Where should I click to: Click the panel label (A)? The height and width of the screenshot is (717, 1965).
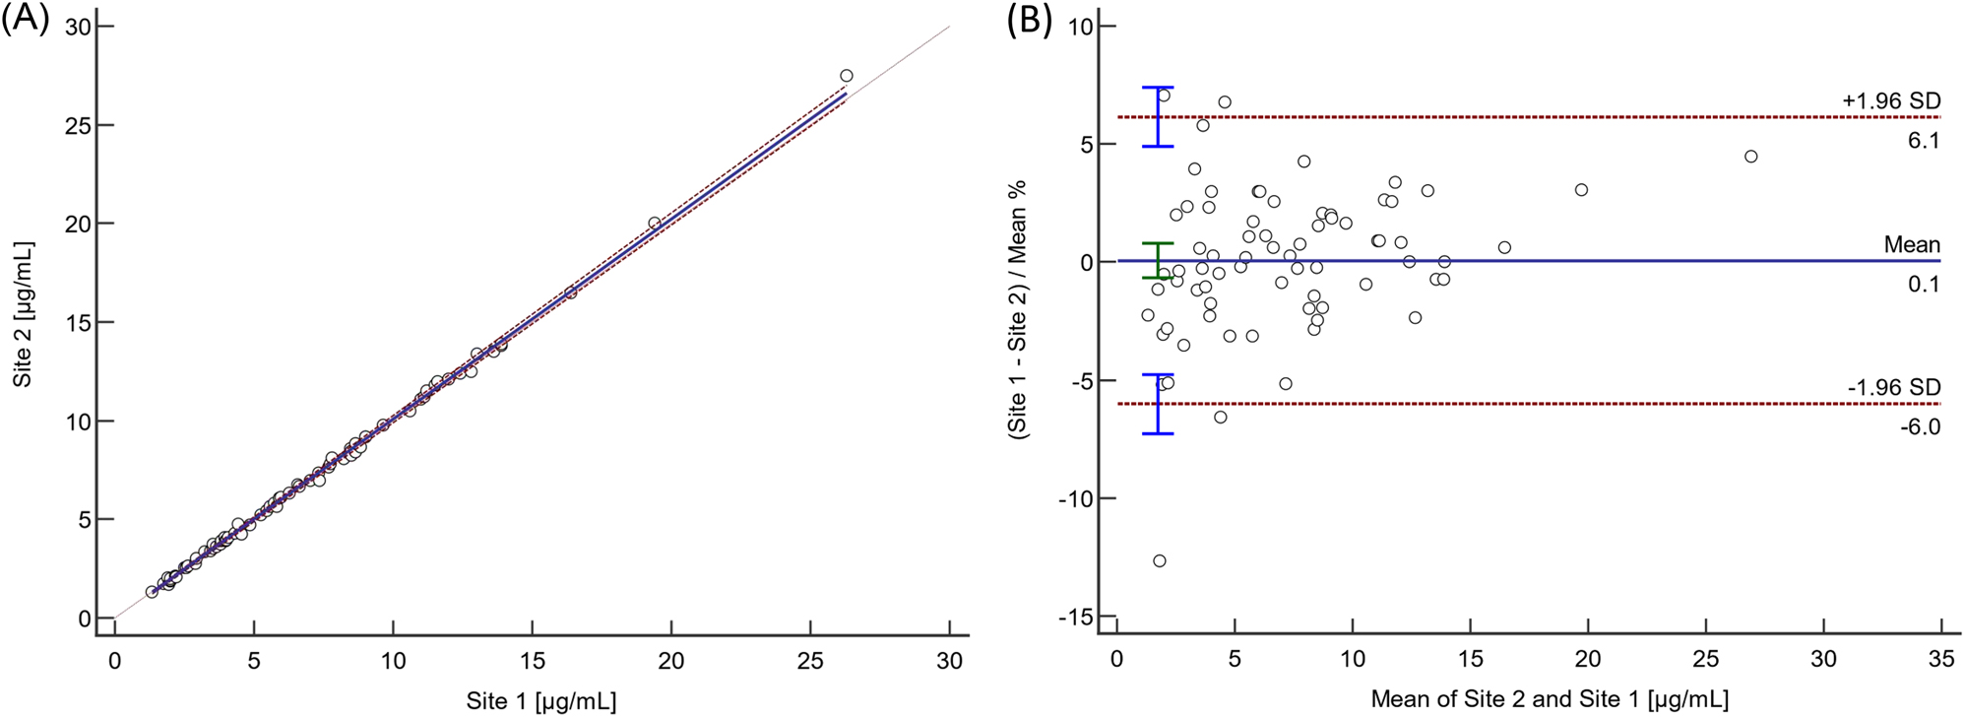(x=25, y=19)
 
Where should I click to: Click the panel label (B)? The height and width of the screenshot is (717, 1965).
(x=1029, y=19)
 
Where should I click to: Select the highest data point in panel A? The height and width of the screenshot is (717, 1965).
(x=847, y=76)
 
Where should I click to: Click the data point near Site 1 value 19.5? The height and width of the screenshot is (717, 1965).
(x=655, y=223)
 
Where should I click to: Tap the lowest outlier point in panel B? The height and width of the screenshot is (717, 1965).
(x=1160, y=560)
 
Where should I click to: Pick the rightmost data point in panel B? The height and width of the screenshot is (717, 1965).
(x=1750, y=157)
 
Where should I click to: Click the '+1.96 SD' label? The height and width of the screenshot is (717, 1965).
(x=1891, y=100)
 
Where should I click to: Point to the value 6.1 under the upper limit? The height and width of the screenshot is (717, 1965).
(x=1924, y=141)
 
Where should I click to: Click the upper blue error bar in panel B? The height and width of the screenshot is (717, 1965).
(x=1158, y=117)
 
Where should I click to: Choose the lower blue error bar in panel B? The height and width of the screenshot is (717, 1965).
(x=1158, y=404)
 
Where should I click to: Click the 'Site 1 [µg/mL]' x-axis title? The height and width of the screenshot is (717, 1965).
(x=541, y=700)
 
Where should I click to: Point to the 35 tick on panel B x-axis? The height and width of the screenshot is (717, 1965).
(x=1940, y=659)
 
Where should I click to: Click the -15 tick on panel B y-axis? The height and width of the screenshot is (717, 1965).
(x=1076, y=617)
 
